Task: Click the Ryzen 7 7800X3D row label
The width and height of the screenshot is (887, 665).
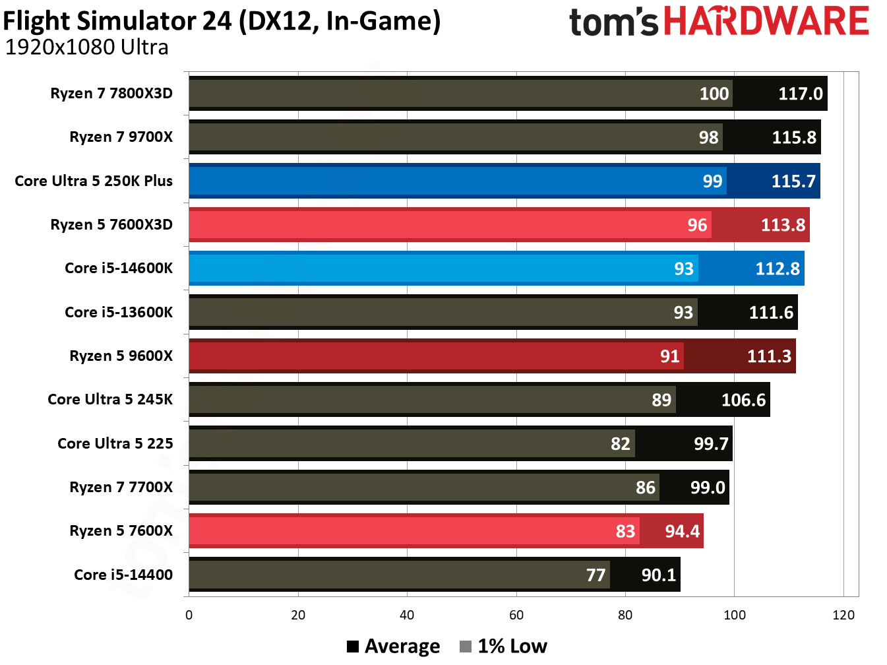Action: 111,93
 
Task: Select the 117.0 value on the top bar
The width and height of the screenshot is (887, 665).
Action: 800,94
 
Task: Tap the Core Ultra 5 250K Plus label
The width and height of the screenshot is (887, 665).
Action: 94,181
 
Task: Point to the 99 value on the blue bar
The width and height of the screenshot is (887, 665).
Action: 712,181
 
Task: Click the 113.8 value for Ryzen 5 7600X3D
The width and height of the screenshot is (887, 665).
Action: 783,225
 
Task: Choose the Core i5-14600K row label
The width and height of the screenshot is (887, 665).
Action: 119,268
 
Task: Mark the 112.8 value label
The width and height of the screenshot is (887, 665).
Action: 778,269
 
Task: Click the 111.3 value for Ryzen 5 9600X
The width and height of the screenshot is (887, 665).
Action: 769,356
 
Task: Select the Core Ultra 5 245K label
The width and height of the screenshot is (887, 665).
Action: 110,399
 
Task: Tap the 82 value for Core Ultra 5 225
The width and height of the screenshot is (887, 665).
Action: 620,444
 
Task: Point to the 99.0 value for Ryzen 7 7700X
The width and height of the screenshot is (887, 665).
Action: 708,488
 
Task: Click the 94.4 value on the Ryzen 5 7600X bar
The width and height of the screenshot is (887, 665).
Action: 682,531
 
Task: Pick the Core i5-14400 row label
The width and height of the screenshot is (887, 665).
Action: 123,575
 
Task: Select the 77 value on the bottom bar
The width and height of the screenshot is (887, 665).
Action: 596,575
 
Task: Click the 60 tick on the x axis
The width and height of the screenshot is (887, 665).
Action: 516,615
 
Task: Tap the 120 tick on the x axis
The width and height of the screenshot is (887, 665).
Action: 843,615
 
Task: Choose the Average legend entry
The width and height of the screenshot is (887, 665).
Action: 394,646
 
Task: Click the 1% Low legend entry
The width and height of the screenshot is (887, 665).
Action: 504,646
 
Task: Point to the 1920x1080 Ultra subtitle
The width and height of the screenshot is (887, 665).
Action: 86,47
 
